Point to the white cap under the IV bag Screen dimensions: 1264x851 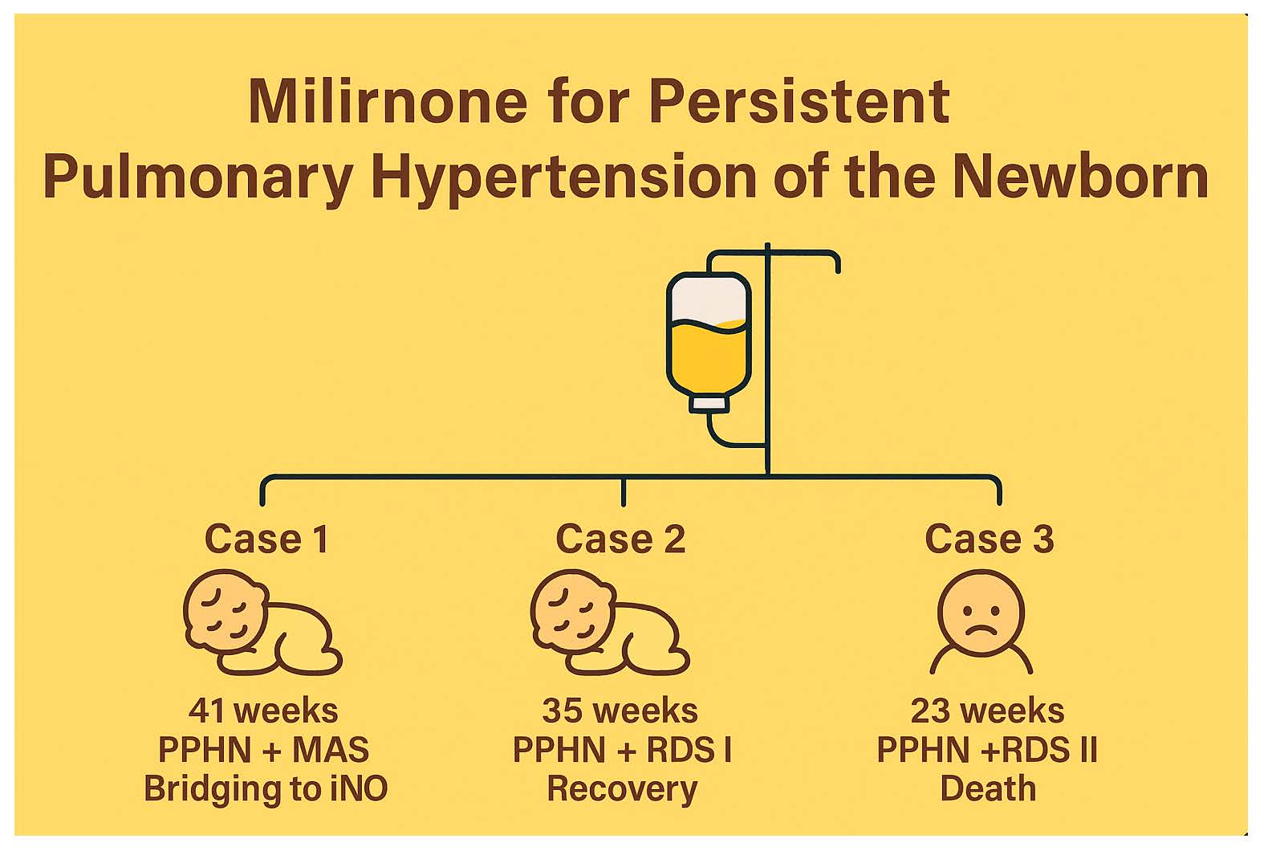click(x=709, y=402)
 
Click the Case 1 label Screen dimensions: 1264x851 click(x=266, y=539)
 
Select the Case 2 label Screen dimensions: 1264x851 click(x=620, y=539)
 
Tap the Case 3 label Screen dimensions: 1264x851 click(x=989, y=539)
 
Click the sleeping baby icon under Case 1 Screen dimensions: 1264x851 click(x=261, y=622)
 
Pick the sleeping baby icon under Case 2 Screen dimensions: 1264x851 click(x=608, y=622)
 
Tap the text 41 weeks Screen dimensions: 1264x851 click(x=263, y=711)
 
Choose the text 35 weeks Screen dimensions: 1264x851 click(x=620, y=711)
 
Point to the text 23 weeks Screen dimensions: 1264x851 click(x=987, y=711)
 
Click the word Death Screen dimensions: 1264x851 click(x=987, y=788)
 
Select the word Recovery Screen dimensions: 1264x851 click(x=622, y=788)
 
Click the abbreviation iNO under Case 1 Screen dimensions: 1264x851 click(x=359, y=788)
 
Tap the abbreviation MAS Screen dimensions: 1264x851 click(x=330, y=750)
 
